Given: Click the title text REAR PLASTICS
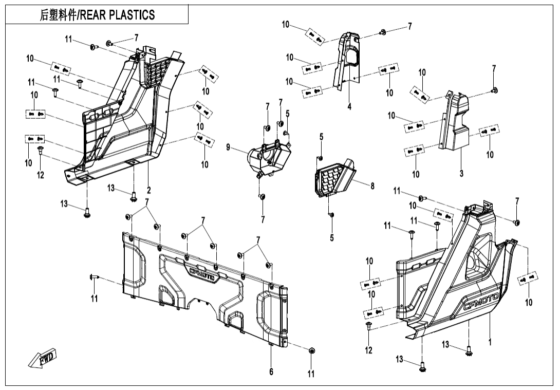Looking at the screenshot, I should tap(98, 15).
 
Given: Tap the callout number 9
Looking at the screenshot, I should tap(228, 148).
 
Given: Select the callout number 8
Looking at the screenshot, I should tap(372, 186).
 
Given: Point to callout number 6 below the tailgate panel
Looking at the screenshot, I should tap(271, 372).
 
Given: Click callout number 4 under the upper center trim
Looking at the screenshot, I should tap(349, 107).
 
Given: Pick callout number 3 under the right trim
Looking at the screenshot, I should tap(461, 174).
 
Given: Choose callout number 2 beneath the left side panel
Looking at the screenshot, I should tap(148, 189).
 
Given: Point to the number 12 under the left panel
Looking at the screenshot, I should tap(40, 175).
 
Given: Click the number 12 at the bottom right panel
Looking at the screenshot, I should tap(369, 350).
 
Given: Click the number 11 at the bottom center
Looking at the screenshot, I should tap(311, 374).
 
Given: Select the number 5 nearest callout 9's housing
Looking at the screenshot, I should tap(288, 113).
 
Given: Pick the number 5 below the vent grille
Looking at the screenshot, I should tap(331, 237).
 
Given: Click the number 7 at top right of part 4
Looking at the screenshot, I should tap(409, 27).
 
